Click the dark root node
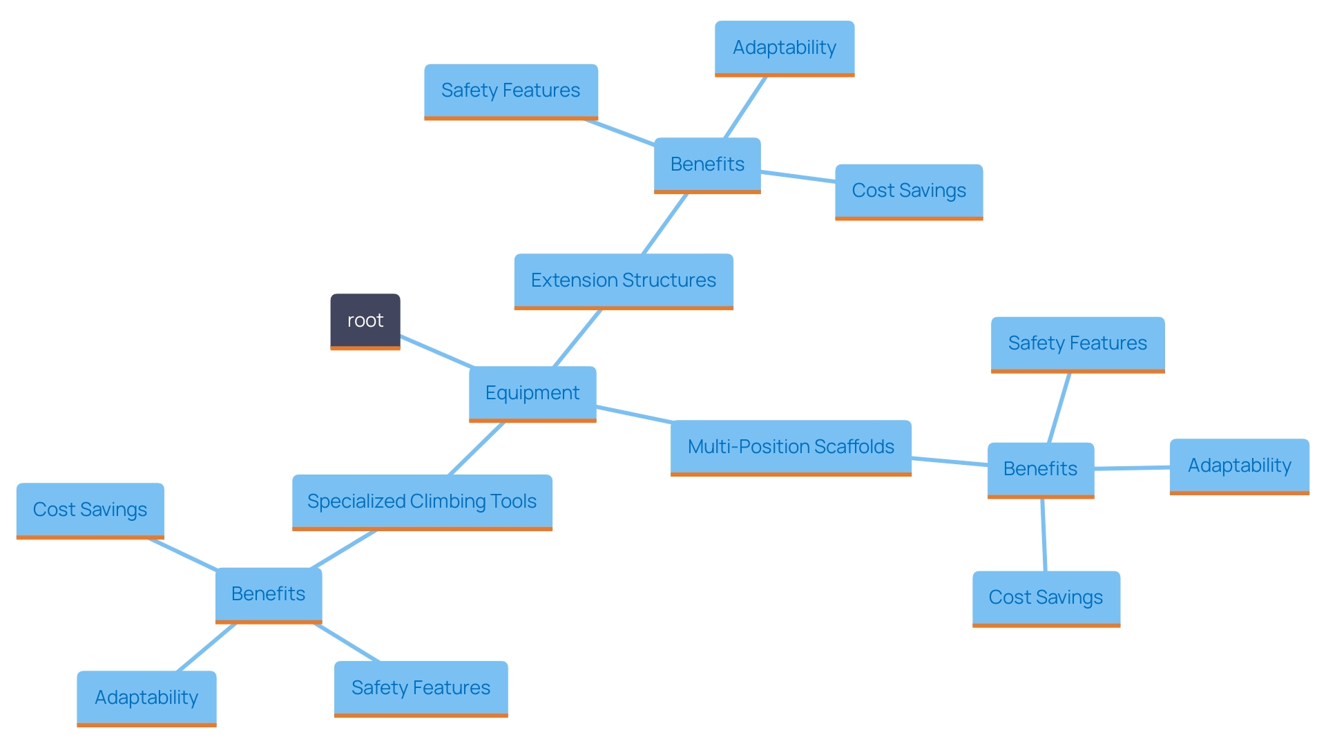point(365,321)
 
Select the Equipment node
point(532,393)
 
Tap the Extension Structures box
point(623,280)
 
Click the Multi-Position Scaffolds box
point(790,447)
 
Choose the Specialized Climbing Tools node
point(421,501)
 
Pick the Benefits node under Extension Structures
point(707,164)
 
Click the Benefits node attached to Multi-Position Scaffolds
point(1040,469)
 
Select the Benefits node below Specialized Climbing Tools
point(268,594)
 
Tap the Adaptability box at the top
point(784,48)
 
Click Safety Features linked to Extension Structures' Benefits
point(510,90)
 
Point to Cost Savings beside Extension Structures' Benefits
point(908,191)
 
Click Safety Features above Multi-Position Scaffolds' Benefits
point(1077,343)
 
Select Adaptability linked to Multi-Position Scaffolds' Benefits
point(1239,466)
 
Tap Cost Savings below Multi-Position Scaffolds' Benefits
point(1046,597)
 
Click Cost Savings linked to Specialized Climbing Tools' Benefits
point(90,510)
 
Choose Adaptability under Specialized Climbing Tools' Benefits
point(146,698)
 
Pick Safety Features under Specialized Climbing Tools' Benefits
point(421,688)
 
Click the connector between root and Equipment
point(436,352)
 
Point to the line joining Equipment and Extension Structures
point(577,338)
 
